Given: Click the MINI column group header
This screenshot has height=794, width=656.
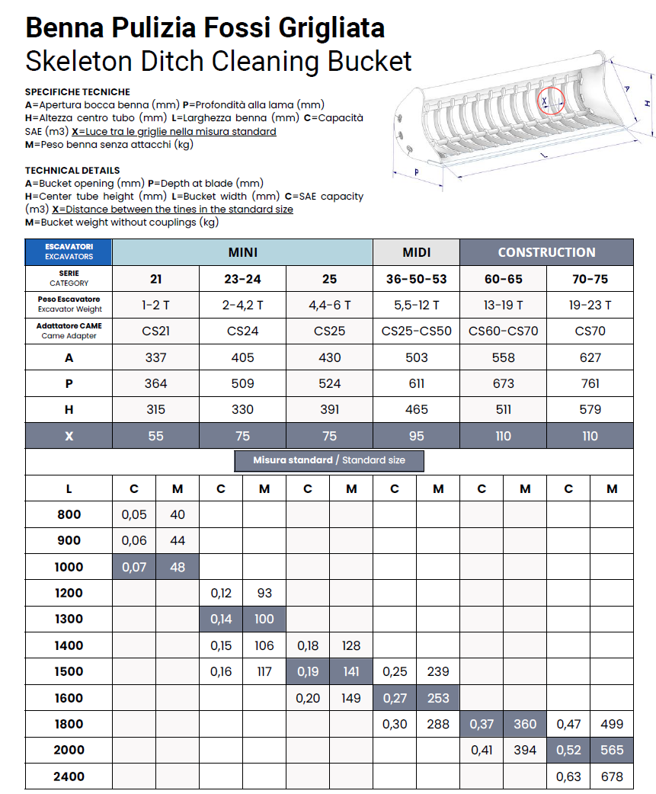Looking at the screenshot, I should (242, 252).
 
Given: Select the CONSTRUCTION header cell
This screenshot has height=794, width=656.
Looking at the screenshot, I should (546, 252).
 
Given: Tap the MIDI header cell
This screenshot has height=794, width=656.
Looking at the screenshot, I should (416, 252).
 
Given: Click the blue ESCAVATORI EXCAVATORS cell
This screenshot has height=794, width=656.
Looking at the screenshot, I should (69, 252).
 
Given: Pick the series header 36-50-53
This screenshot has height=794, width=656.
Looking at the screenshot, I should (416, 279).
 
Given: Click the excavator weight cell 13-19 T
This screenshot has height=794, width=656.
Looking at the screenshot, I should (503, 305).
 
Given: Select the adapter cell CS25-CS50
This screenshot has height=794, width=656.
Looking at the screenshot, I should (416, 331).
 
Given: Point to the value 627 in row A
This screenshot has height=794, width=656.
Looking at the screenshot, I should (590, 357).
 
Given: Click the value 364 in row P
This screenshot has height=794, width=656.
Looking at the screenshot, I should (155, 383).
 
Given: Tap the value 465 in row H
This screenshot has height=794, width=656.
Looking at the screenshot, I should (416, 409).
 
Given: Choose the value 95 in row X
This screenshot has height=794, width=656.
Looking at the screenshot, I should (416, 436).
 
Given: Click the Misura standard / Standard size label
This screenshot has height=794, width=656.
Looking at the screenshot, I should (329, 460).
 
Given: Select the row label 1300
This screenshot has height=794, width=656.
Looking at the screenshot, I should (69, 619).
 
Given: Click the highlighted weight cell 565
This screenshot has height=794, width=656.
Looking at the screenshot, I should (611, 750).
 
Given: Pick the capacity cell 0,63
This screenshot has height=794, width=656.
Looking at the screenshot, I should (568, 776).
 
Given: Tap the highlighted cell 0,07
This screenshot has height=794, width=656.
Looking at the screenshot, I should (134, 567).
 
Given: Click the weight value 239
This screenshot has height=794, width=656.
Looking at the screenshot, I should (438, 671).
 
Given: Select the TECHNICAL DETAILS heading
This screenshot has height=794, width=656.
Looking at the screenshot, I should (72, 170).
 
